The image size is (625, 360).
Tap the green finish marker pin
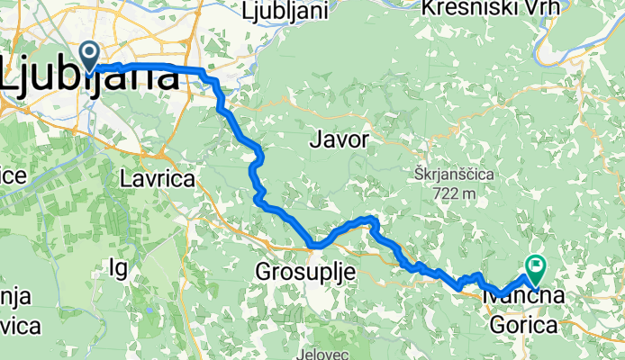(x=537, y=265)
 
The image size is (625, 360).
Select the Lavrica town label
(x=157, y=179)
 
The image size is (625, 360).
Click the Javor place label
(x=339, y=139)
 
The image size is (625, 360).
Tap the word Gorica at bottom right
(x=523, y=325)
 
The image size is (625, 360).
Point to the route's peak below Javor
(x=369, y=219)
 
